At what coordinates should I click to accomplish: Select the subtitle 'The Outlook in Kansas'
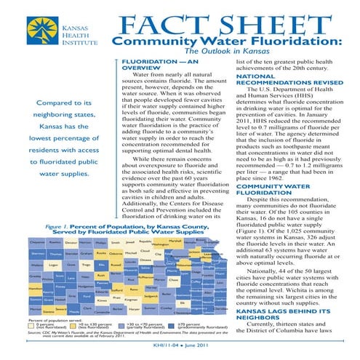click(227, 52)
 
